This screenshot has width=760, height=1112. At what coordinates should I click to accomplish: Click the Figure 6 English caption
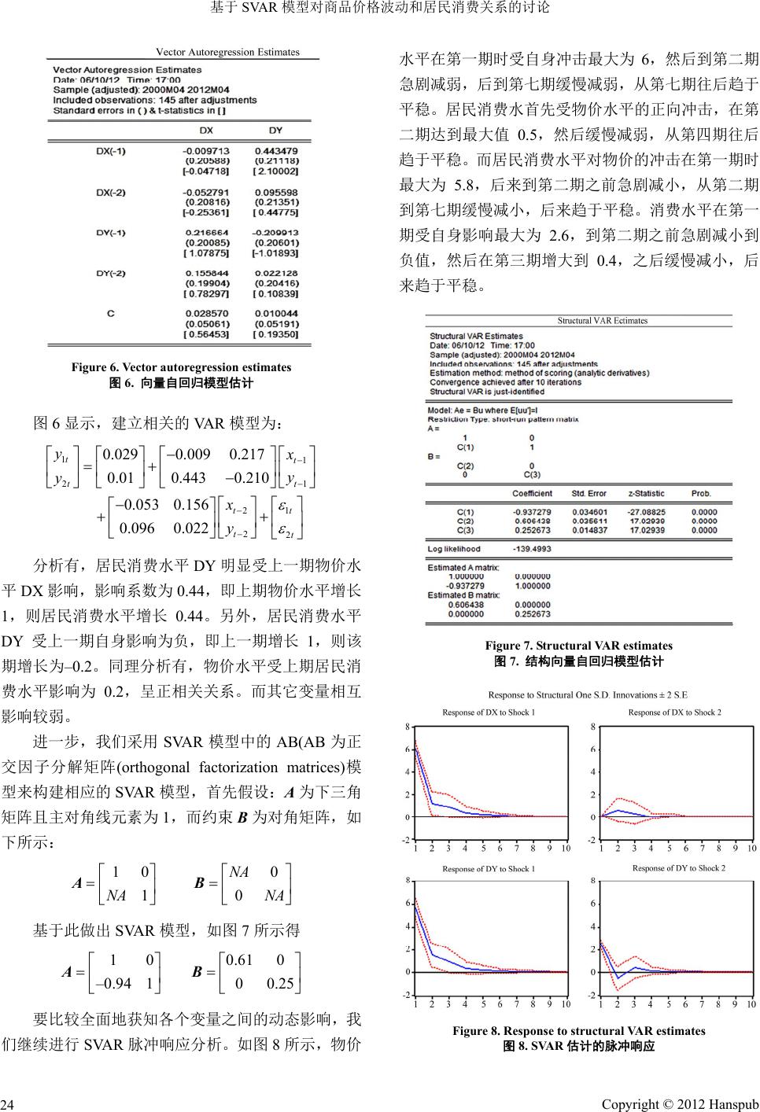click(x=181, y=367)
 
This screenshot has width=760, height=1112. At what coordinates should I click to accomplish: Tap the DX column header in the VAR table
click(x=205, y=130)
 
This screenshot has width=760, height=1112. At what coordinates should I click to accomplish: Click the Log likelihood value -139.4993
click(x=532, y=549)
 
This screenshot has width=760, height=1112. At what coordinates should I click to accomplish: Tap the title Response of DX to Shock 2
click(x=674, y=712)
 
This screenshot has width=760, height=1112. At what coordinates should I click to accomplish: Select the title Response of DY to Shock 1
click(x=489, y=869)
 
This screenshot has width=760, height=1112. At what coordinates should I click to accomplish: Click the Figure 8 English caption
click(x=578, y=1031)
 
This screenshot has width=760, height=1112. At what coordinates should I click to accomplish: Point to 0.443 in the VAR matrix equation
click(x=188, y=477)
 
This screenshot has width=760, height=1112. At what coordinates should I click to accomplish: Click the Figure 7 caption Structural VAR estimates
click(x=578, y=646)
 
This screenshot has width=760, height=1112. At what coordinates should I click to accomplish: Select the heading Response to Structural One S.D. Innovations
click(x=587, y=695)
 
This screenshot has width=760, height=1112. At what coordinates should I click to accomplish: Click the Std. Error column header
click(x=588, y=493)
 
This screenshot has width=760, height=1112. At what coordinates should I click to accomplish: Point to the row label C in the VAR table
click(x=110, y=313)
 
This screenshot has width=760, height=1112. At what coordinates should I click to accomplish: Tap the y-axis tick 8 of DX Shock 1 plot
click(x=407, y=726)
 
